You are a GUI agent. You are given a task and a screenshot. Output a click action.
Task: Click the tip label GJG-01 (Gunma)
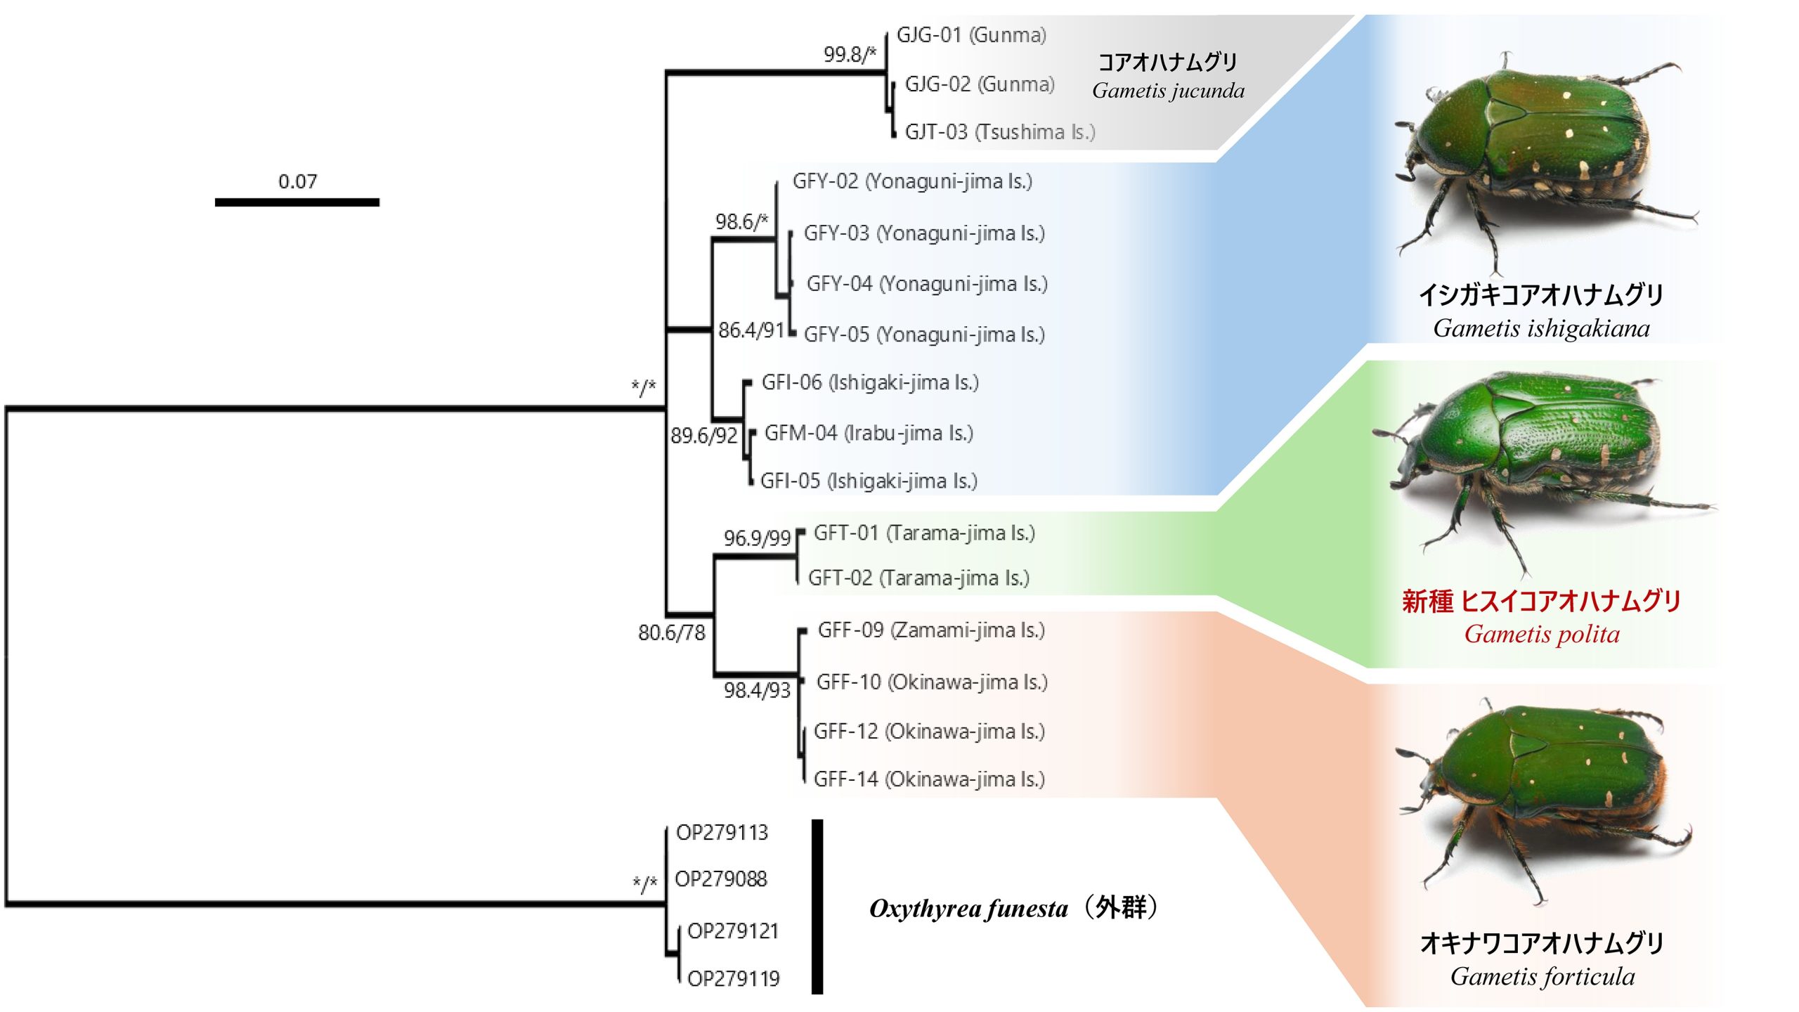pyautogui.click(x=971, y=35)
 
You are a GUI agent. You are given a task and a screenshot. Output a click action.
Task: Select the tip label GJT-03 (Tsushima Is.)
pyautogui.click(x=999, y=132)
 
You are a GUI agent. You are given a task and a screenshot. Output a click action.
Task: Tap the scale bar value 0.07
pyautogui.click(x=297, y=181)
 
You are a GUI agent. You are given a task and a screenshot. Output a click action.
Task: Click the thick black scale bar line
pyautogui.click(x=297, y=202)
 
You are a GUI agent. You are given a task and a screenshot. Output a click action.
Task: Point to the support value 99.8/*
pyautogui.click(x=850, y=54)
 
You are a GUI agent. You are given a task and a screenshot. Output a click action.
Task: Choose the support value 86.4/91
pyautogui.click(x=751, y=330)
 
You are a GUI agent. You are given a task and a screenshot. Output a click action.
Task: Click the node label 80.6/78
pyautogui.click(x=671, y=632)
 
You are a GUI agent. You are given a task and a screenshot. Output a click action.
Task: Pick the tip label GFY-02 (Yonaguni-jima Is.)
pyautogui.click(x=912, y=181)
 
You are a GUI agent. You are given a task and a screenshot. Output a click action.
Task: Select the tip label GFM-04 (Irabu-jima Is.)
pyautogui.click(x=869, y=433)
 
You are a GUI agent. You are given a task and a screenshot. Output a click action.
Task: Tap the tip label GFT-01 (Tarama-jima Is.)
pyautogui.click(x=924, y=533)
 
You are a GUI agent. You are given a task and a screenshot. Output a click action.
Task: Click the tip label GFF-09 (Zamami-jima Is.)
pyautogui.click(x=931, y=630)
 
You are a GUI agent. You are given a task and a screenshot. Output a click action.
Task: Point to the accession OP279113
pyautogui.click(x=722, y=833)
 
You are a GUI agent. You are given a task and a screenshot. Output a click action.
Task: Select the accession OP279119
pyautogui.click(x=733, y=978)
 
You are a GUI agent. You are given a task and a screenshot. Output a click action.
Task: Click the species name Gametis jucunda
pyautogui.click(x=1168, y=91)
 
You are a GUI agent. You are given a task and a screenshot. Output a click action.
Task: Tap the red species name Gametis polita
pyautogui.click(x=1542, y=634)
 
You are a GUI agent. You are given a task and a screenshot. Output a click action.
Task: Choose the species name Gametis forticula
pyautogui.click(x=1542, y=976)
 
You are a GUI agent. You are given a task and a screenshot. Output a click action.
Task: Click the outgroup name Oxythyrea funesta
pyautogui.click(x=968, y=909)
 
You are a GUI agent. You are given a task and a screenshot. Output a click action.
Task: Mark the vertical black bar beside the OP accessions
pyautogui.click(x=817, y=907)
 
